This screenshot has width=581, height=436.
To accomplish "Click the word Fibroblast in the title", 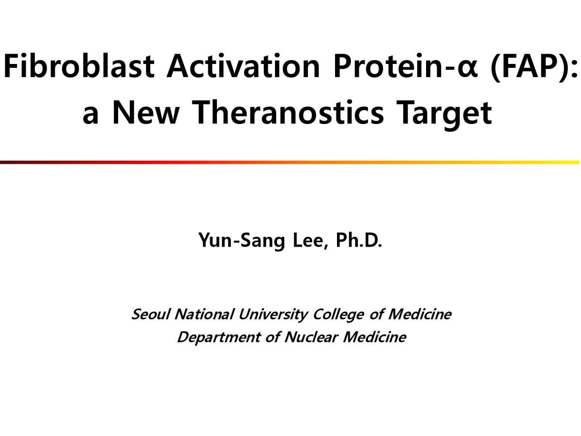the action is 79,66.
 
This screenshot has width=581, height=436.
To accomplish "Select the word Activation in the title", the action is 243,66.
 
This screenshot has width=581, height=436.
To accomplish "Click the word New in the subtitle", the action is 146,112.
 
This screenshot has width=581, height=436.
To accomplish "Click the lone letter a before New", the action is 91,116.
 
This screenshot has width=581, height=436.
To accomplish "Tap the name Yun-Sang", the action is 242,240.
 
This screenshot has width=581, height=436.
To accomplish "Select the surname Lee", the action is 311,240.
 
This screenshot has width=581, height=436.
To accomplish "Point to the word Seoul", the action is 151,314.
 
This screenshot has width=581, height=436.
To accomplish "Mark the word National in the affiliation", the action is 204,314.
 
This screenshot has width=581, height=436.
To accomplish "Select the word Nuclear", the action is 311,337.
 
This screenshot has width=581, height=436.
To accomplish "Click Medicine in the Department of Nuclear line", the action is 374,337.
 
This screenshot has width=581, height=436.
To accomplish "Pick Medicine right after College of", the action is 420,314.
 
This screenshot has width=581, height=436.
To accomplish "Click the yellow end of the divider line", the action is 579,162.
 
